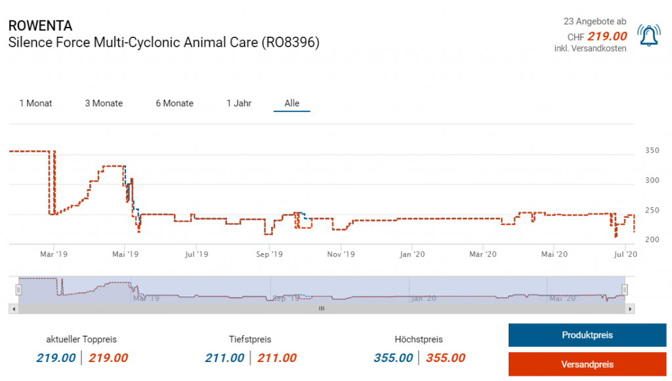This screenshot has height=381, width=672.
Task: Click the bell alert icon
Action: click(648, 35)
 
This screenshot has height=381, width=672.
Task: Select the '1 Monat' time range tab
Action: click(35, 103)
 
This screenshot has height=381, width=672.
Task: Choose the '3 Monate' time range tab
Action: click(104, 103)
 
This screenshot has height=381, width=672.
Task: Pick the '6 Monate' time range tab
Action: click(175, 103)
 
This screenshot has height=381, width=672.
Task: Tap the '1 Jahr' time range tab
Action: click(239, 103)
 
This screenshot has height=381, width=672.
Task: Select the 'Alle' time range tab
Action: click(292, 103)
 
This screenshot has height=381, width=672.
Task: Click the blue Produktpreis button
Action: click(587, 335)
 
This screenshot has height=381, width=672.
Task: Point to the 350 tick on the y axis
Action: click(652, 150)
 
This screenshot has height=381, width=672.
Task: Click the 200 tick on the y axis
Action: click(652, 240)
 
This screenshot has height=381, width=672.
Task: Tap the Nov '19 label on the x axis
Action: click(341, 253)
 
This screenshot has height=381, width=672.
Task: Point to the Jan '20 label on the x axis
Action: click(413, 253)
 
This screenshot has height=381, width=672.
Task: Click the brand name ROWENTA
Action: click(40, 26)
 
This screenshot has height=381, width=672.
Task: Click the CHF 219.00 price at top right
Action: click(606, 37)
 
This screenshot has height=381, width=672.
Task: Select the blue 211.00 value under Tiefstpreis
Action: click(224, 358)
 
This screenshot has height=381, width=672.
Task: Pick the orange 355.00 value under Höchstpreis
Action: click(446, 358)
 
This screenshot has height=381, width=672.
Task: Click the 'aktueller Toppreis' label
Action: click(81, 339)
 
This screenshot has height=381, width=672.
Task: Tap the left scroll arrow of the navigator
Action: click(13, 308)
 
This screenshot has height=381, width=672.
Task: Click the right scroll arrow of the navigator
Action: click(630, 308)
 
